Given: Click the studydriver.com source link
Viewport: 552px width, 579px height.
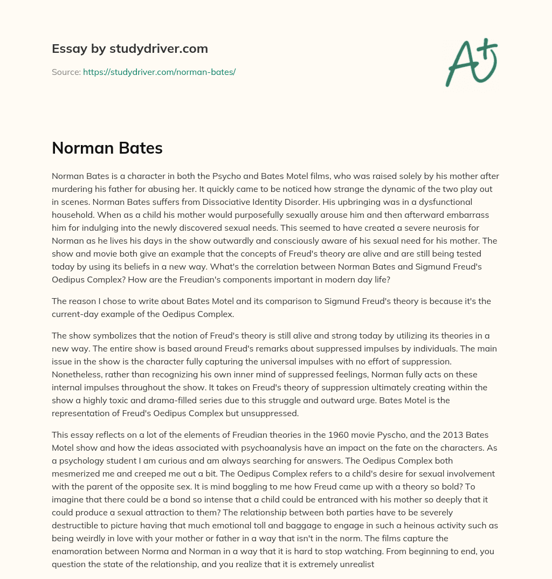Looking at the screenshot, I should coord(159,72).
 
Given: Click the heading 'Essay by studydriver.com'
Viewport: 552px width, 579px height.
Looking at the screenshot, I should coord(130,49).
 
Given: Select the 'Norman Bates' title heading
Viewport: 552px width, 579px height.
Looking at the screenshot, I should coord(107,148).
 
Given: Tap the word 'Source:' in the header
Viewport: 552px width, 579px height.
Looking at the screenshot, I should coord(66,72).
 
